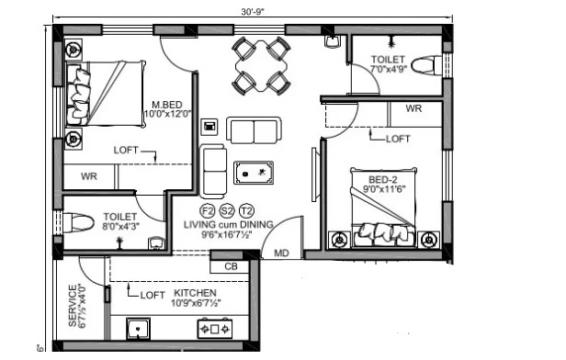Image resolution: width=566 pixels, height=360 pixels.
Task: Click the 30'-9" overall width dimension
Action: (253, 12)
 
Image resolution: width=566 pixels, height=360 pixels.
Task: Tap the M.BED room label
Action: (167, 105)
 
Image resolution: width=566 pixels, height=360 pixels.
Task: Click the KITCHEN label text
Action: (196, 293)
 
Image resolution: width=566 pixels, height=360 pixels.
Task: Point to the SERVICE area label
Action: (73, 306)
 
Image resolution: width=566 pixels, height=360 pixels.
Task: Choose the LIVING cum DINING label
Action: (229, 224)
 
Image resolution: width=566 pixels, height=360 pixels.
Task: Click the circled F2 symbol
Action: (208, 210)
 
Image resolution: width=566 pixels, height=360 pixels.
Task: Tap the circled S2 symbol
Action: (227, 210)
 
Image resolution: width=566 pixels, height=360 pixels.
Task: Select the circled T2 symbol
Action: (246, 210)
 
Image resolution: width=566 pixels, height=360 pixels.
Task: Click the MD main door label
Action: (281, 253)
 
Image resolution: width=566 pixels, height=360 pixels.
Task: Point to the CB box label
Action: (231, 266)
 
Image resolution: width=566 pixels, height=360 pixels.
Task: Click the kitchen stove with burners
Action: (215, 328)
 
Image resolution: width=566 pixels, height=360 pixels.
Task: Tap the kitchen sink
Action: (138, 329)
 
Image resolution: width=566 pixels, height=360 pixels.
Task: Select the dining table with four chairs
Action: (261, 65)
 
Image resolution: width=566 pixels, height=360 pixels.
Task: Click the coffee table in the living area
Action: (254, 173)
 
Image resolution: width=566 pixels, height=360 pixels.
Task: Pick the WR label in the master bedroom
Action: (89, 176)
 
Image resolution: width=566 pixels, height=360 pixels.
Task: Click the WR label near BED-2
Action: (413, 108)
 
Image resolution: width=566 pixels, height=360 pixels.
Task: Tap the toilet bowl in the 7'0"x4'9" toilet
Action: (426, 65)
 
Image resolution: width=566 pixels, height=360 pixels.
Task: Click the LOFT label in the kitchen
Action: (153, 295)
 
